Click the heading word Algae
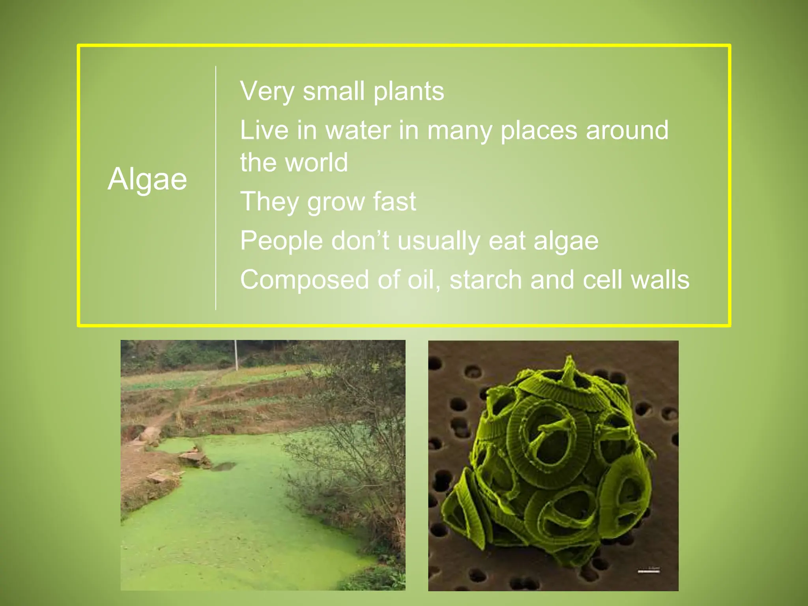point(147,179)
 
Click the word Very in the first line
point(267,92)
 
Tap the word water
point(358,130)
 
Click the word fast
point(394,201)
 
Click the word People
point(281,241)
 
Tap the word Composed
point(304,280)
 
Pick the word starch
point(486,280)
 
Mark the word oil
point(424,280)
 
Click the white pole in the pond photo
point(236,355)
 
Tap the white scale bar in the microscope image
point(649,570)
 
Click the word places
point(539,130)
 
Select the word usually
point(439,241)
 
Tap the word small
point(333,92)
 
